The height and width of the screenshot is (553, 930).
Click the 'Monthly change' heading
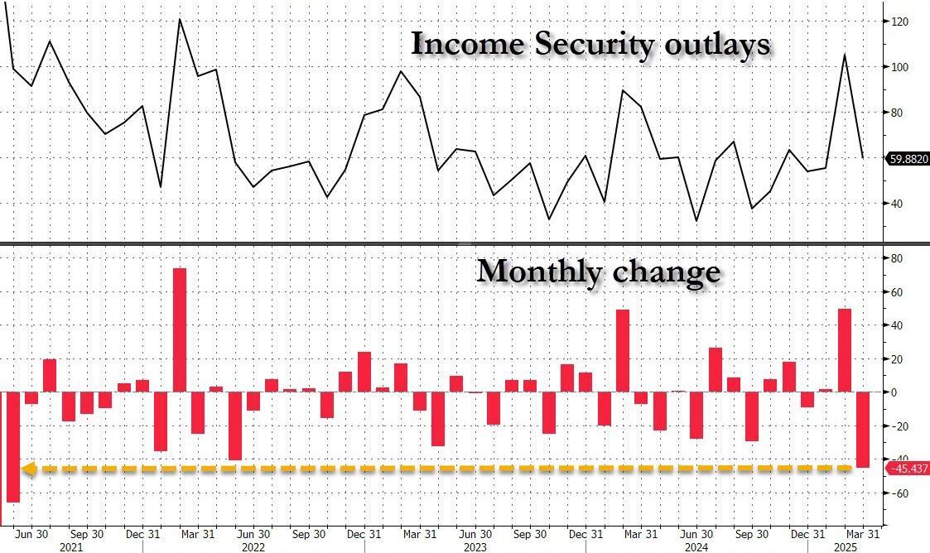click(x=598, y=272)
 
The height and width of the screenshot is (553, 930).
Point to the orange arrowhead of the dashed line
click(x=27, y=469)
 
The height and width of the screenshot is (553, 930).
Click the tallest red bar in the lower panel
click(x=179, y=329)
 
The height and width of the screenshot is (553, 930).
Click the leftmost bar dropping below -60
click(x=12, y=447)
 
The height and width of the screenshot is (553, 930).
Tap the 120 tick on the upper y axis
click(x=899, y=22)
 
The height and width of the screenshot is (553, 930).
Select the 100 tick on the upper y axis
click(x=899, y=67)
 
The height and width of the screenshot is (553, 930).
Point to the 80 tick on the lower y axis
click(x=897, y=258)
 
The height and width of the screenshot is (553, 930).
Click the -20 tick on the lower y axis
click(x=897, y=426)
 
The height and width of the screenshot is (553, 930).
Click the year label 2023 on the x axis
click(x=475, y=546)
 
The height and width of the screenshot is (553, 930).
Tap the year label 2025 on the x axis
click(x=845, y=546)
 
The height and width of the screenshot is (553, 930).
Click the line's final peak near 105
click(x=845, y=55)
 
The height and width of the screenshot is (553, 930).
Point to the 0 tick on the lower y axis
click(x=894, y=392)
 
